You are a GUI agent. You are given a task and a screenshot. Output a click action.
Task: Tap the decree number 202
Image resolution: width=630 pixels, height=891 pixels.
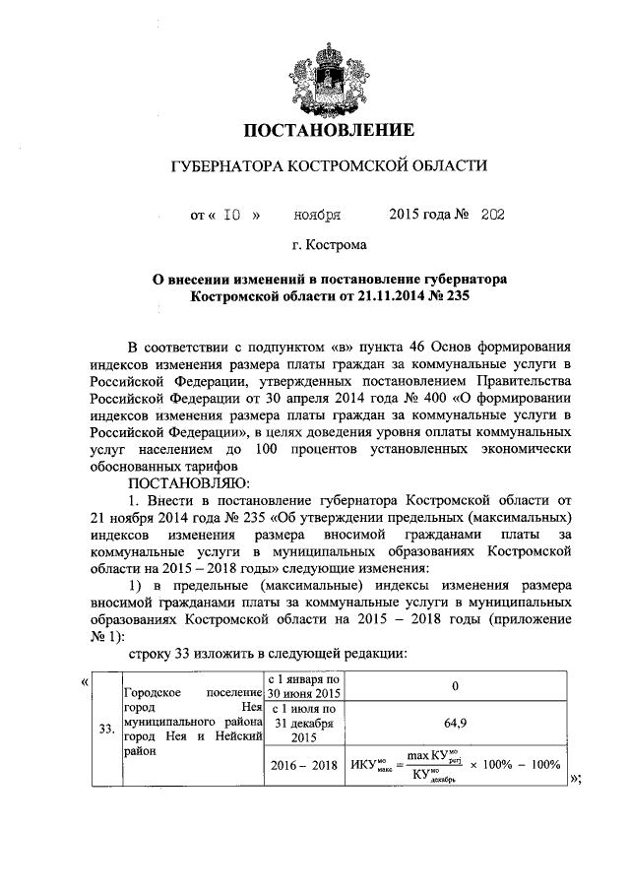(x=493, y=213)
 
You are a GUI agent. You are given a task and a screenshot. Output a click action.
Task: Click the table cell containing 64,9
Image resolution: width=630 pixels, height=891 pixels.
(x=455, y=722)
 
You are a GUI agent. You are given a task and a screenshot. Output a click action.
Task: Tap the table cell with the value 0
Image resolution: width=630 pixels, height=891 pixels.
(x=455, y=685)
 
